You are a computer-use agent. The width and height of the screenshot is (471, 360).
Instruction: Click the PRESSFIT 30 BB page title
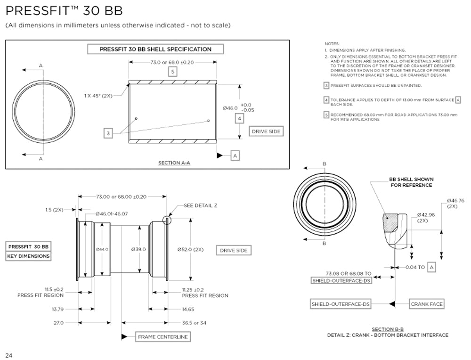point(64,10)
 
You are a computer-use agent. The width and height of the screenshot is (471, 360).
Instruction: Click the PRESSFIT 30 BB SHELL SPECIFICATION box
point(155,49)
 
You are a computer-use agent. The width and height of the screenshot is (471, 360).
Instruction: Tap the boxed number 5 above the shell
point(173,72)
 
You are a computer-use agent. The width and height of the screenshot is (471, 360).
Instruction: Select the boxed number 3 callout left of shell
point(108,134)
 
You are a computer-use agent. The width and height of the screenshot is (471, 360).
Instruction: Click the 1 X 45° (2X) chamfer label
point(99,95)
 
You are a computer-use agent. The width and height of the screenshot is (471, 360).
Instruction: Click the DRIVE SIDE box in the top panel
point(266,131)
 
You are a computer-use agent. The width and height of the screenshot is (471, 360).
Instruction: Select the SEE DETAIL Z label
point(201,206)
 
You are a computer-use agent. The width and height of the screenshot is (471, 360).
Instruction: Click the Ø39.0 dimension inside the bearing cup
point(139,249)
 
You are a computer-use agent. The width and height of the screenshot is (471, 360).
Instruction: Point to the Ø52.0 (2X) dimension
point(190,249)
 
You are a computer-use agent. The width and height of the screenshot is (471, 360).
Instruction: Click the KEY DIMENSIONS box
point(28,256)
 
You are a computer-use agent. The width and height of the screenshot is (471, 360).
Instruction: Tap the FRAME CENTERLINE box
point(162,337)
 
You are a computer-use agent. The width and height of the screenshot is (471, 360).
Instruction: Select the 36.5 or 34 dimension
point(194,323)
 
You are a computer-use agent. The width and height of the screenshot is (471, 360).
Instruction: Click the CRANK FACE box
point(426,304)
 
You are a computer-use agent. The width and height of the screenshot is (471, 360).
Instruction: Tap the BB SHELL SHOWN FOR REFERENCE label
point(411,182)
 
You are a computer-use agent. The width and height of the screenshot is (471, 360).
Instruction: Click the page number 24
point(9,354)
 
